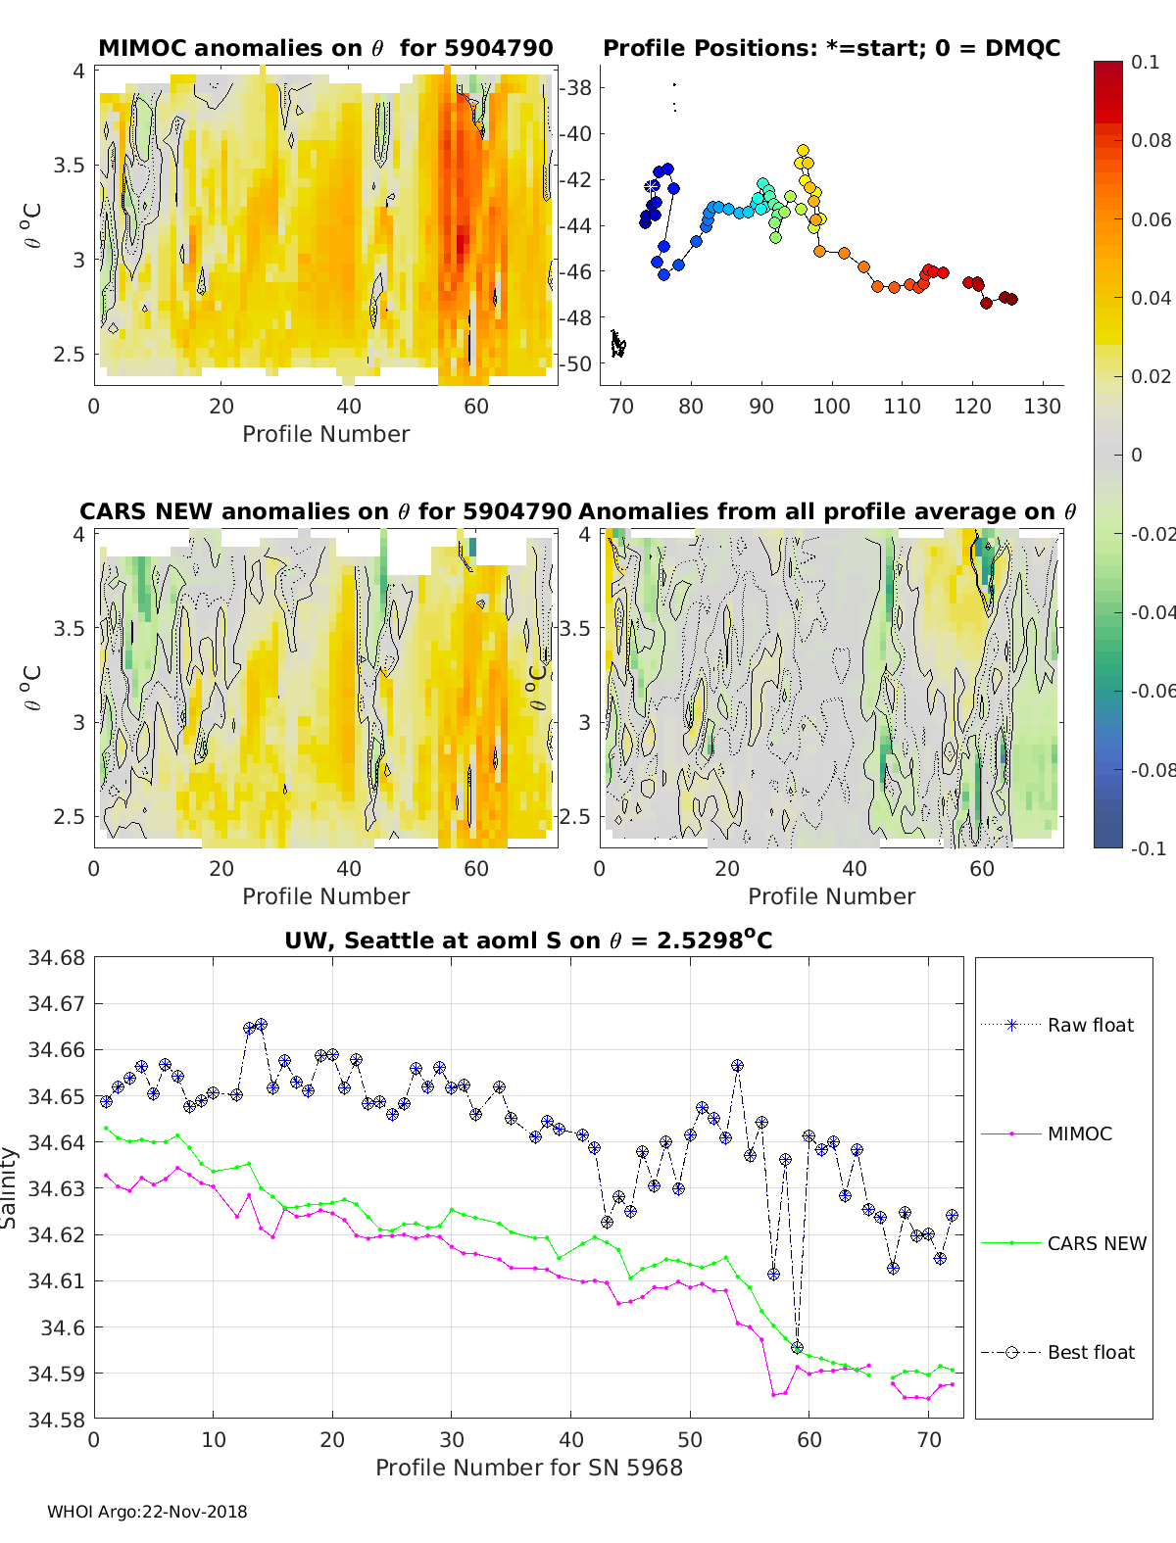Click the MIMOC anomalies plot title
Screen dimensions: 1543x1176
pyautogui.click(x=325, y=48)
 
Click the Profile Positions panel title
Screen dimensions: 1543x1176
pyautogui.click(x=831, y=48)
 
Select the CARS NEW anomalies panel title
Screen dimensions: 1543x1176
pyautogui.click(x=325, y=511)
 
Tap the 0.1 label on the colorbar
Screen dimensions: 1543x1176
pyautogui.click(x=1145, y=62)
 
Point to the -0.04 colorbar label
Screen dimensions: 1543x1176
pyautogui.click(x=1151, y=612)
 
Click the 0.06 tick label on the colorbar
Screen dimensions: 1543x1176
pyautogui.click(x=1151, y=219)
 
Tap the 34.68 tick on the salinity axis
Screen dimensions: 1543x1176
pyautogui.click(x=57, y=957)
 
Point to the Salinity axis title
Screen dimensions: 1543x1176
pyautogui.click(x=10, y=1187)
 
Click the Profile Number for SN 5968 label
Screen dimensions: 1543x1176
pyautogui.click(x=528, y=1468)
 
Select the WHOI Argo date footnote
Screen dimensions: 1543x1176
pyautogui.click(x=147, y=1512)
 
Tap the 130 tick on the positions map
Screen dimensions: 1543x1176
pyautogui.click(x=1043, y=407)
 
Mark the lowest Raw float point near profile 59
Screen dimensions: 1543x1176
pyautogui.click(x=797, y=1348)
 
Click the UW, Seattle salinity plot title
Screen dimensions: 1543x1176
pyautogui.click(x=528, y=940)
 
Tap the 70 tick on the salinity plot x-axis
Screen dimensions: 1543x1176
pyautogui.click(x=928, y=1439)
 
